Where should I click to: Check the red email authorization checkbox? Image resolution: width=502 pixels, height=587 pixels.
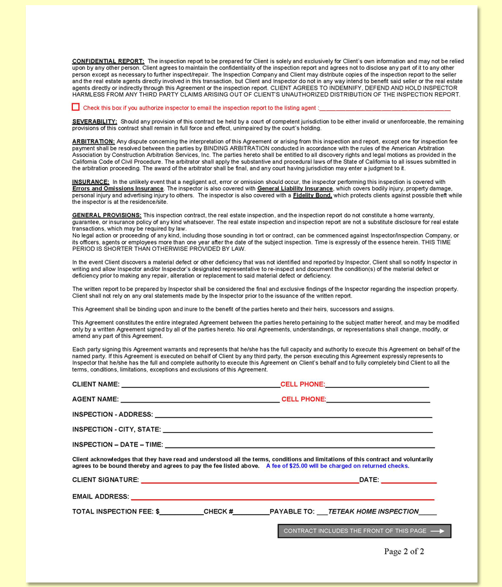[75, 107]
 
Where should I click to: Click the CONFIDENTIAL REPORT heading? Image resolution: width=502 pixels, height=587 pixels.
[108, 61]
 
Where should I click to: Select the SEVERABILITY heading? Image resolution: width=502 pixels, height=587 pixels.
[94, 121]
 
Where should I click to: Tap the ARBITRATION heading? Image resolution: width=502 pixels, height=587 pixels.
[94, 141]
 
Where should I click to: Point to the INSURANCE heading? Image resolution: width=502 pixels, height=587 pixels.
[90, 183]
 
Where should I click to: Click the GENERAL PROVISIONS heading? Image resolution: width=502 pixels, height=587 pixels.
[106, 215]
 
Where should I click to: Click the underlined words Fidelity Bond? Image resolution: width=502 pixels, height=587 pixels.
[312, 195]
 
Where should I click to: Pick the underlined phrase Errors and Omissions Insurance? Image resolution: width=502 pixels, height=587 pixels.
[117, 188]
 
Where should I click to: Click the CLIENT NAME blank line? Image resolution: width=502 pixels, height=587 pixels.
[200, 385]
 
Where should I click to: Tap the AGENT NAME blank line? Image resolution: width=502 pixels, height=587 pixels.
[200, 400]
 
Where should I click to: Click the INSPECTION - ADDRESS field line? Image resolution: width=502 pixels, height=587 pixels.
[293, 415]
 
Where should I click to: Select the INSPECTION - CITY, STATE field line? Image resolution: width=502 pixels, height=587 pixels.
[297, 430]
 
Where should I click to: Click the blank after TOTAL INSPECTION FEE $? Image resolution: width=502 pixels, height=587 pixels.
[181, 513]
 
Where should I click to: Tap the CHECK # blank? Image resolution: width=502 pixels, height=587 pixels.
[252, 513]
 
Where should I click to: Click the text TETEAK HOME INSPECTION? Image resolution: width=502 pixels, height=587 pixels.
[374, 512]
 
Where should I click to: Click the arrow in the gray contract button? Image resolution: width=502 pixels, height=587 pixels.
[437, 531]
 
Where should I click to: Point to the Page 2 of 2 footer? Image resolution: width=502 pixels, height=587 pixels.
[404, 551]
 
